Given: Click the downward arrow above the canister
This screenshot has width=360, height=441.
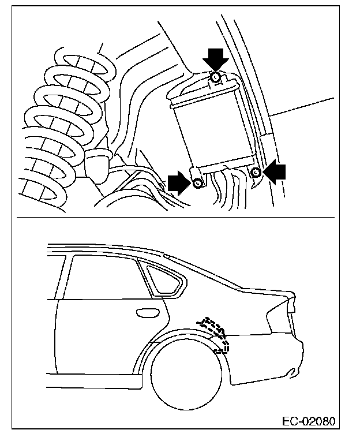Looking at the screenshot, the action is click(215, 58).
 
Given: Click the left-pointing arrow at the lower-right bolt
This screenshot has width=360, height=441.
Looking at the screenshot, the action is click(275, 171).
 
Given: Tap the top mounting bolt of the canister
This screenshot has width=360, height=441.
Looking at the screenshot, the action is click(215, 77).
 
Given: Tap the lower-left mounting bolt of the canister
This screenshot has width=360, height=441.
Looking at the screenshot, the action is click(198, 184).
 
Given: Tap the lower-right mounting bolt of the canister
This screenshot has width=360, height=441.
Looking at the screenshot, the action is click(257, 171).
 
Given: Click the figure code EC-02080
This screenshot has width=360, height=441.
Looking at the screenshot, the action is click(307, 420).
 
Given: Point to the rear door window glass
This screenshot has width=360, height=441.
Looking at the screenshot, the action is click(104, 277).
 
